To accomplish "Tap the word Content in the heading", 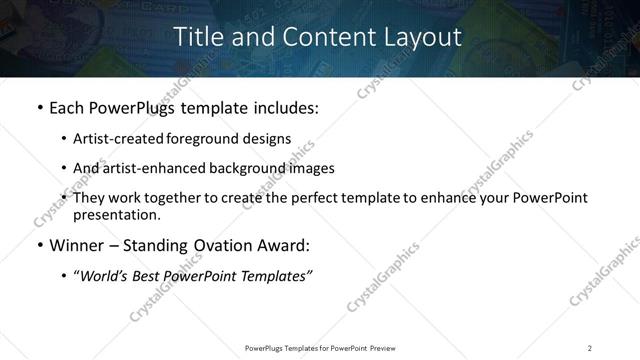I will [325, 37].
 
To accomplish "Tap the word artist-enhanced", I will [148, 168].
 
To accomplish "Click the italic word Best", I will [150, 276].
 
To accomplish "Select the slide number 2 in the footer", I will [590, 347].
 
